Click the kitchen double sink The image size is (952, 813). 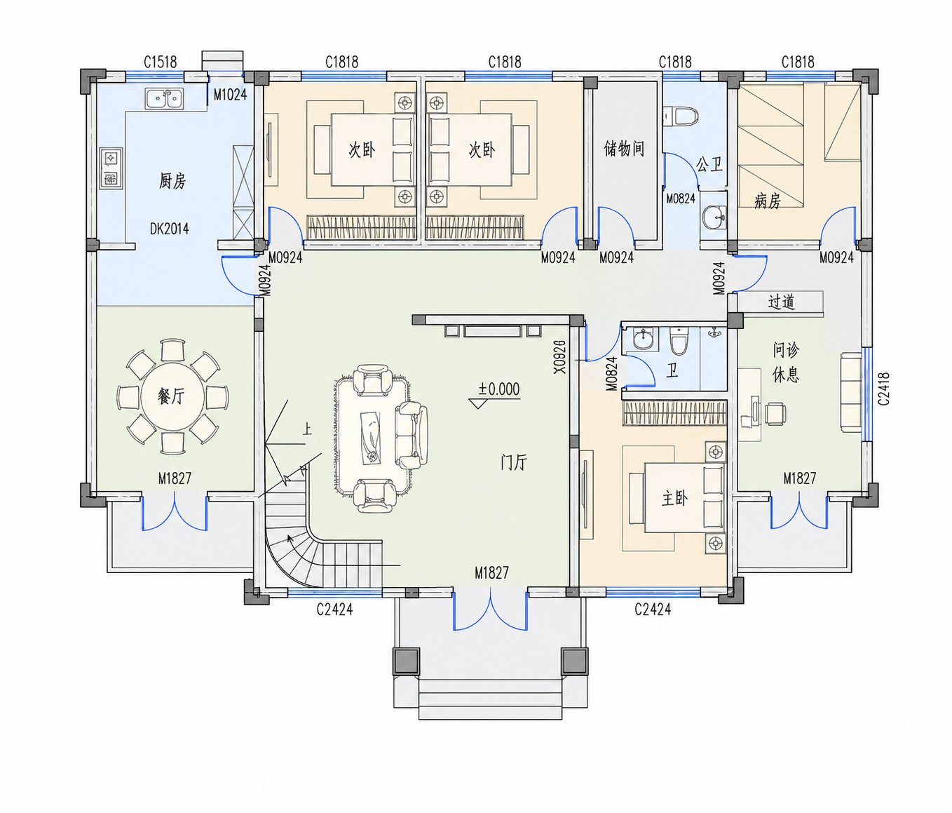point(164,99)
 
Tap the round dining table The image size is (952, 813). point(172,396)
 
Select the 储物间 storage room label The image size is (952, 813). point(624,149)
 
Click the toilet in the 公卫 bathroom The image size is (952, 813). point(680,116)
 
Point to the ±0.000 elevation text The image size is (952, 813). point(499,389)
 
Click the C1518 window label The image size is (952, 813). point(161,62)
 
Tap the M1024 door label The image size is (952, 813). point(230,95)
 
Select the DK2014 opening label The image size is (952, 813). point(170,229)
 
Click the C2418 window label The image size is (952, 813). point(883,389)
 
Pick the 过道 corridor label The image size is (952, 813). point(782,302)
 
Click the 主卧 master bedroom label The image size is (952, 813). point(674,498)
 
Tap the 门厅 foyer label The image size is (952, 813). point(514,462)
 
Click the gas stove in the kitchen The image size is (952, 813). point(111,168)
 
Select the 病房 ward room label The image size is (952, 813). point(768,201)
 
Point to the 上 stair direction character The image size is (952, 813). point(307,429)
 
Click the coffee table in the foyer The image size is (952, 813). point(372,436)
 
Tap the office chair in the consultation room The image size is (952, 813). point(775,413)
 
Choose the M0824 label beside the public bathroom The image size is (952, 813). point(681,199)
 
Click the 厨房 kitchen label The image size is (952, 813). point(172,181)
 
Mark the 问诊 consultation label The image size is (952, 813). point(786,350)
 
